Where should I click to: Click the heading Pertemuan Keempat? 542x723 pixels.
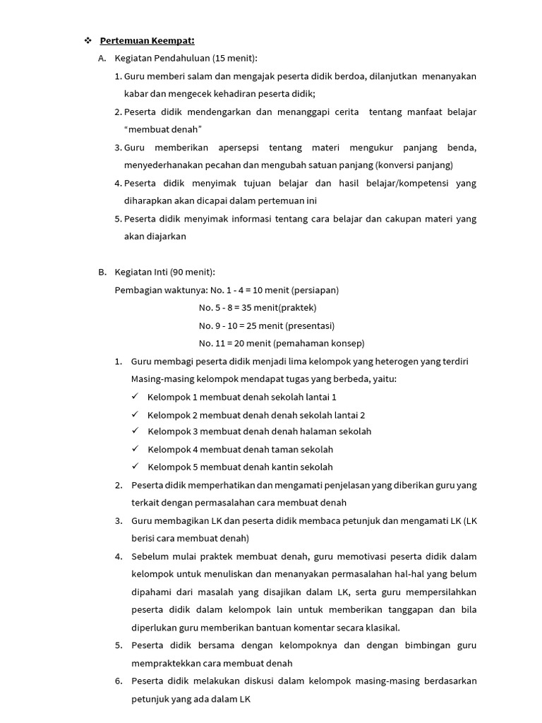[x=147, y=40]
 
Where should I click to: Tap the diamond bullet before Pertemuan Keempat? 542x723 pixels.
[x=88, y=40]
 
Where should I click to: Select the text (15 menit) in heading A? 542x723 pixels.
[x=234, y=58]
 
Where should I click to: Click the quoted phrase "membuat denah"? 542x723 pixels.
[x=163, y=129]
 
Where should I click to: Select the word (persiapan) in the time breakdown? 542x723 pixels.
[x=314, y=290]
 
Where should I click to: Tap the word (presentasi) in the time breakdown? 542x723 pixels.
[x=311, y=325]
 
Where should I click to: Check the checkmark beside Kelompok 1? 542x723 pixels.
[x=135, y=397]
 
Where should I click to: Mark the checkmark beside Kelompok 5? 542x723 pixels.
[x=135, y=467]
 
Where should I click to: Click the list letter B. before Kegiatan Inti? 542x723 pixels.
[x=102, y=272]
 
